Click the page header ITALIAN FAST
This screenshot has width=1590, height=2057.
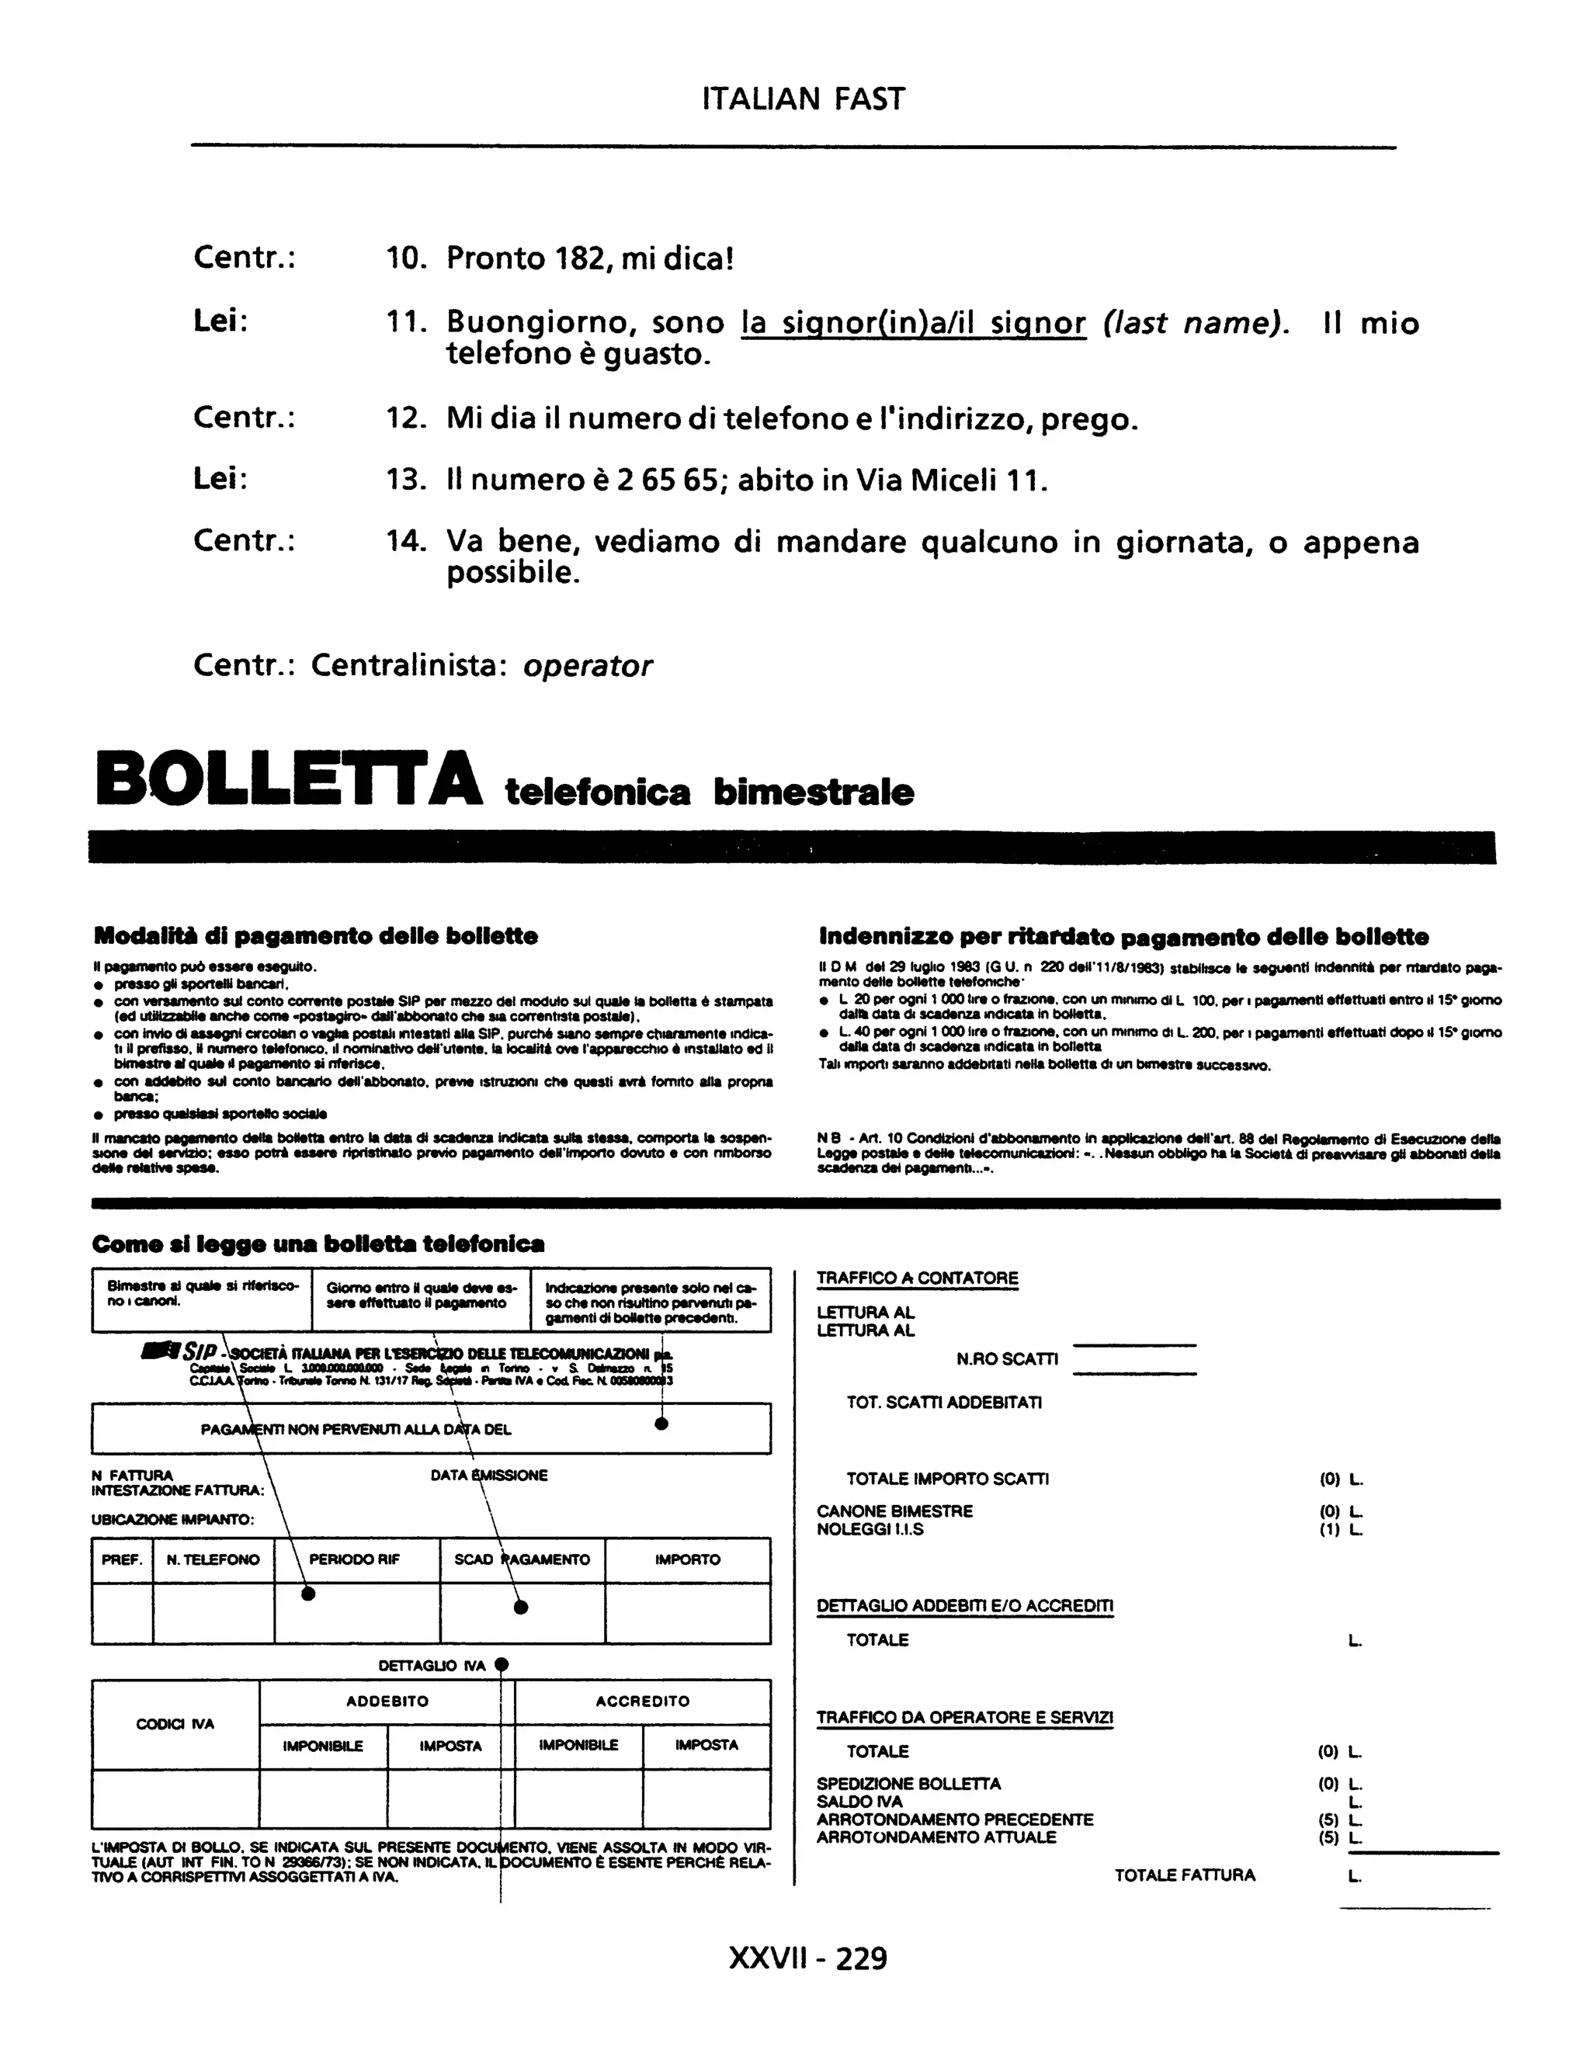click(803, 99)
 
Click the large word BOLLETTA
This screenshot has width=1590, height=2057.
click(289, 778)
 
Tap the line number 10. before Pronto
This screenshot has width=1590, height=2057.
click(406, 258)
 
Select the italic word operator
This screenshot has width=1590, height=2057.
click(587, 666)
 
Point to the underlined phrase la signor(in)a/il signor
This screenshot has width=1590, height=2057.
click(914, 324)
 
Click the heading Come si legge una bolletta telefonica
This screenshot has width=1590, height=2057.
click(318, 1244)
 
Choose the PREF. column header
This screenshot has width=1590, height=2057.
click(122, 1559)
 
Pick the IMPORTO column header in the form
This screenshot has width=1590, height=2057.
click(688, 1559)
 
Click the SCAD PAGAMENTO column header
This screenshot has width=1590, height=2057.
click(522, 1559)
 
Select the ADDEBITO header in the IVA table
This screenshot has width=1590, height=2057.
click(387, 1701)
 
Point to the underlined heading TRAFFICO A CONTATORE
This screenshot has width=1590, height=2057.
click(918, 1278)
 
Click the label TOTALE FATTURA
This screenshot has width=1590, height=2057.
click(1185, 1875)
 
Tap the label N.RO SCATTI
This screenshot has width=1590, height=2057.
click(1007, 1359)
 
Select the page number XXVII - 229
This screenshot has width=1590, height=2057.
click(807, 1959)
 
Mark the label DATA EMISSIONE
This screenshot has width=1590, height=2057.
click(489, 1476)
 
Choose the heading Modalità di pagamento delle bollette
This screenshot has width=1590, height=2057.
click(315, 936)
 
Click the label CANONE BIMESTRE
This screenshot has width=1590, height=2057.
click(895, 1511)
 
